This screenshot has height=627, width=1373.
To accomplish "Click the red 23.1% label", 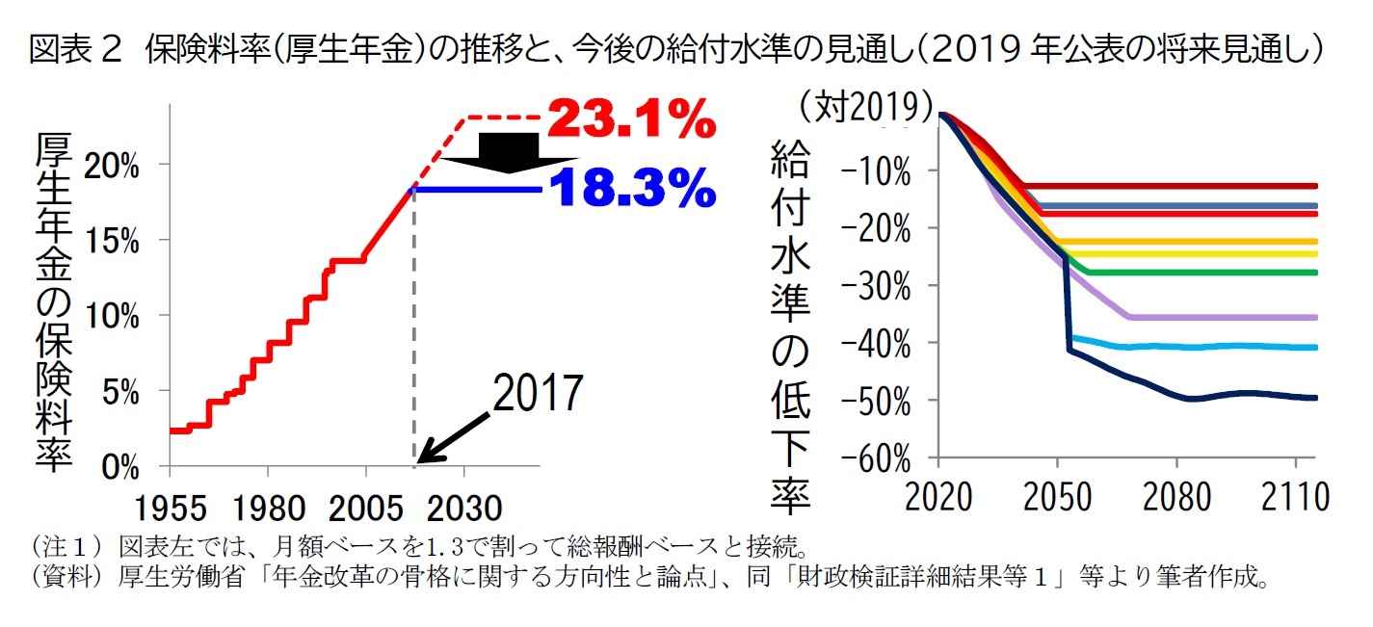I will pos(631,120).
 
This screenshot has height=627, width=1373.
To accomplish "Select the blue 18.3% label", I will pos(633,190).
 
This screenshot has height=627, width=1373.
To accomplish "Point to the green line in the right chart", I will pos(1204,273).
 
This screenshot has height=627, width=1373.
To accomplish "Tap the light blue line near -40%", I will pos(1204,347).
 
